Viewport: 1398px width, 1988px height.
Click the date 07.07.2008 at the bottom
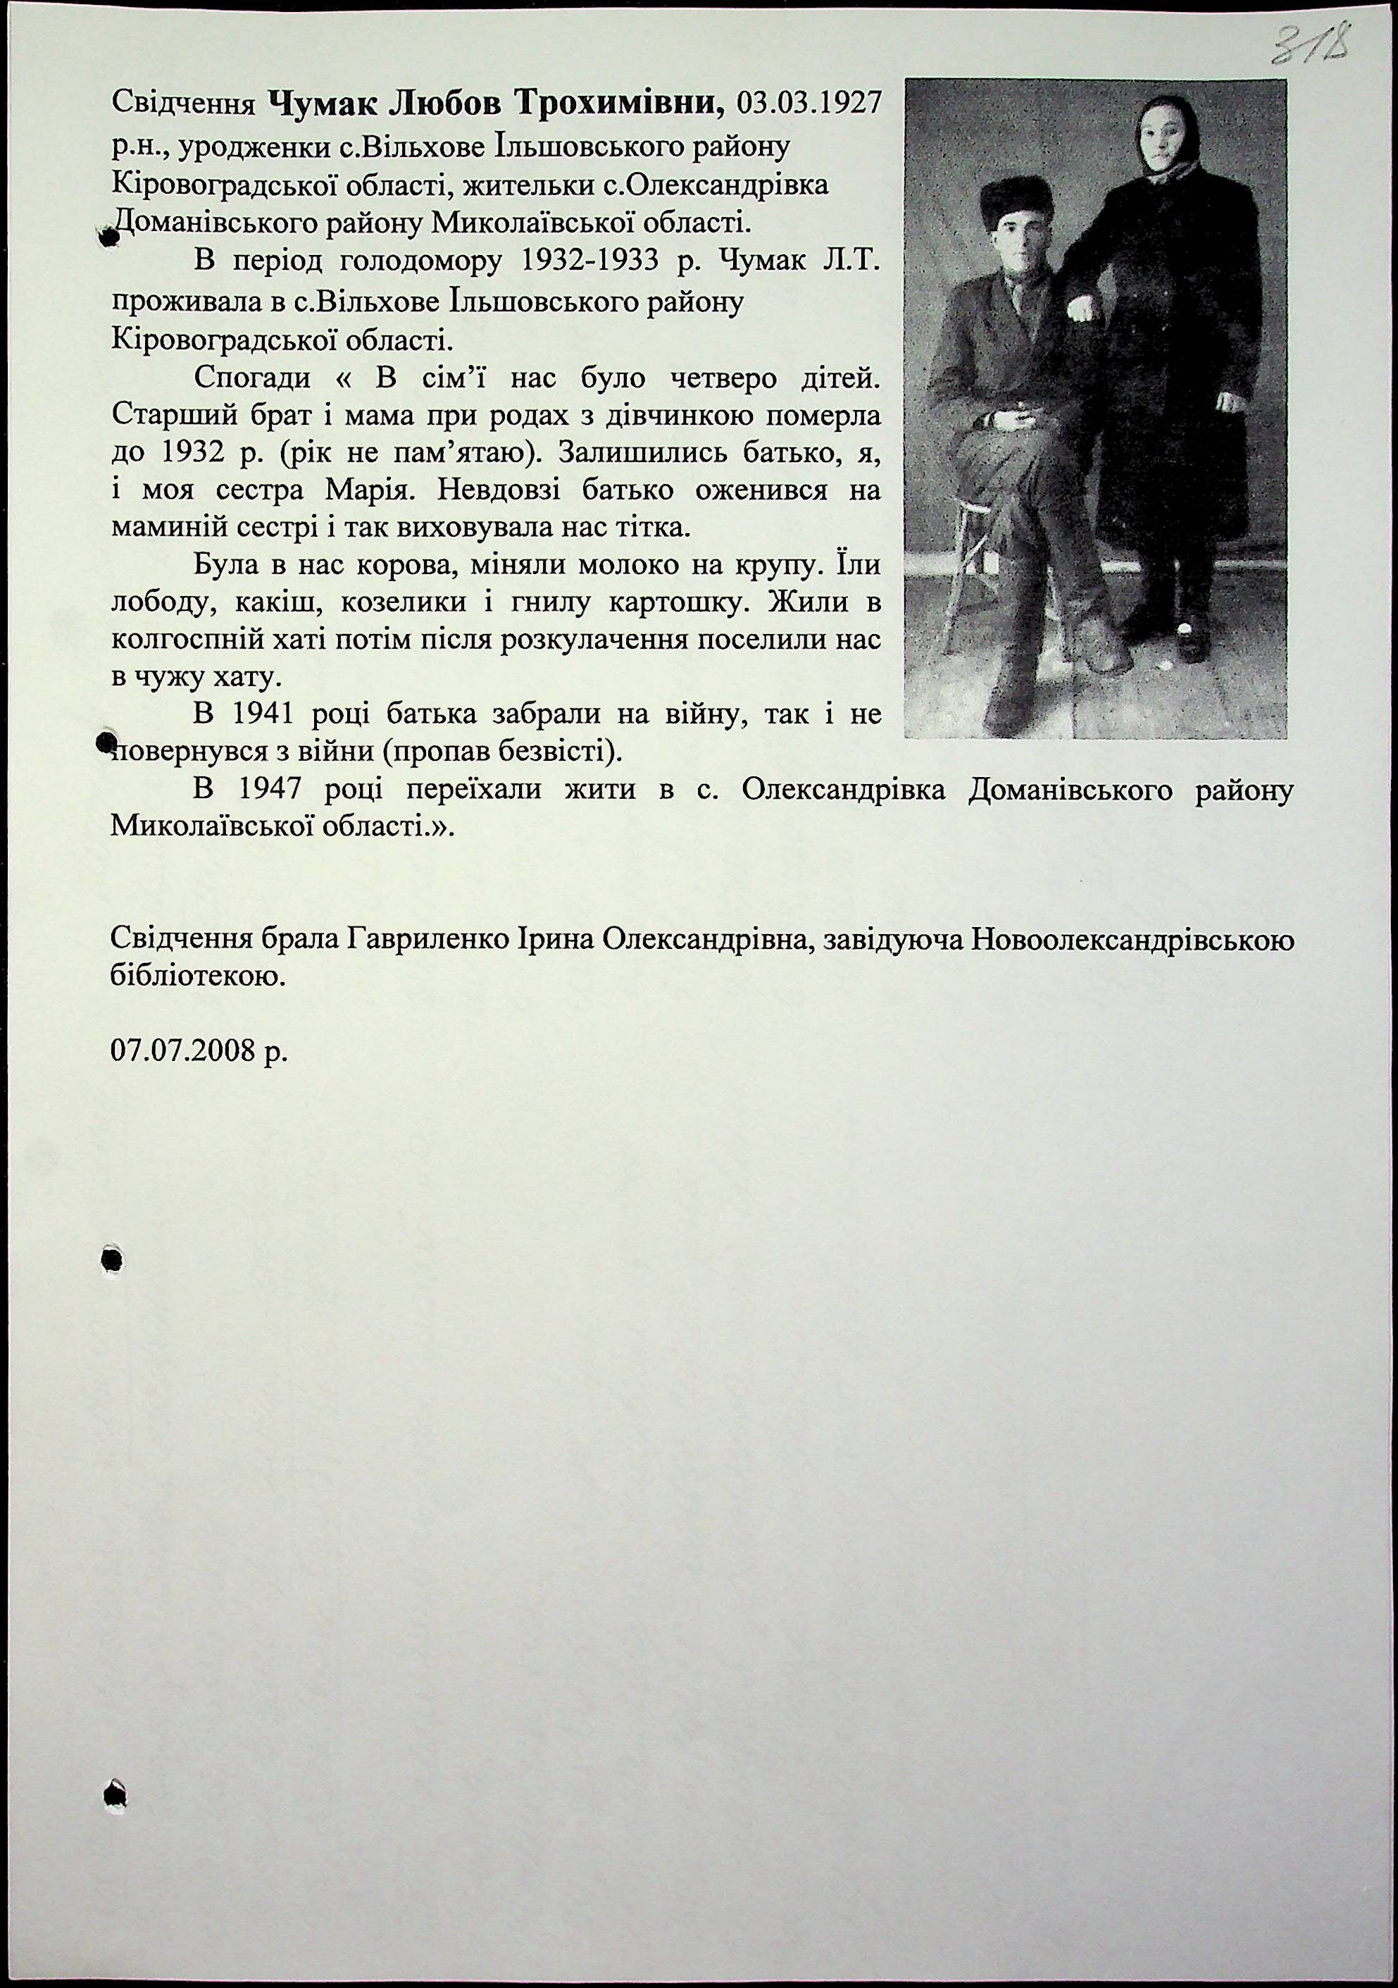pyautogui.click(x=199, y=1051)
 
